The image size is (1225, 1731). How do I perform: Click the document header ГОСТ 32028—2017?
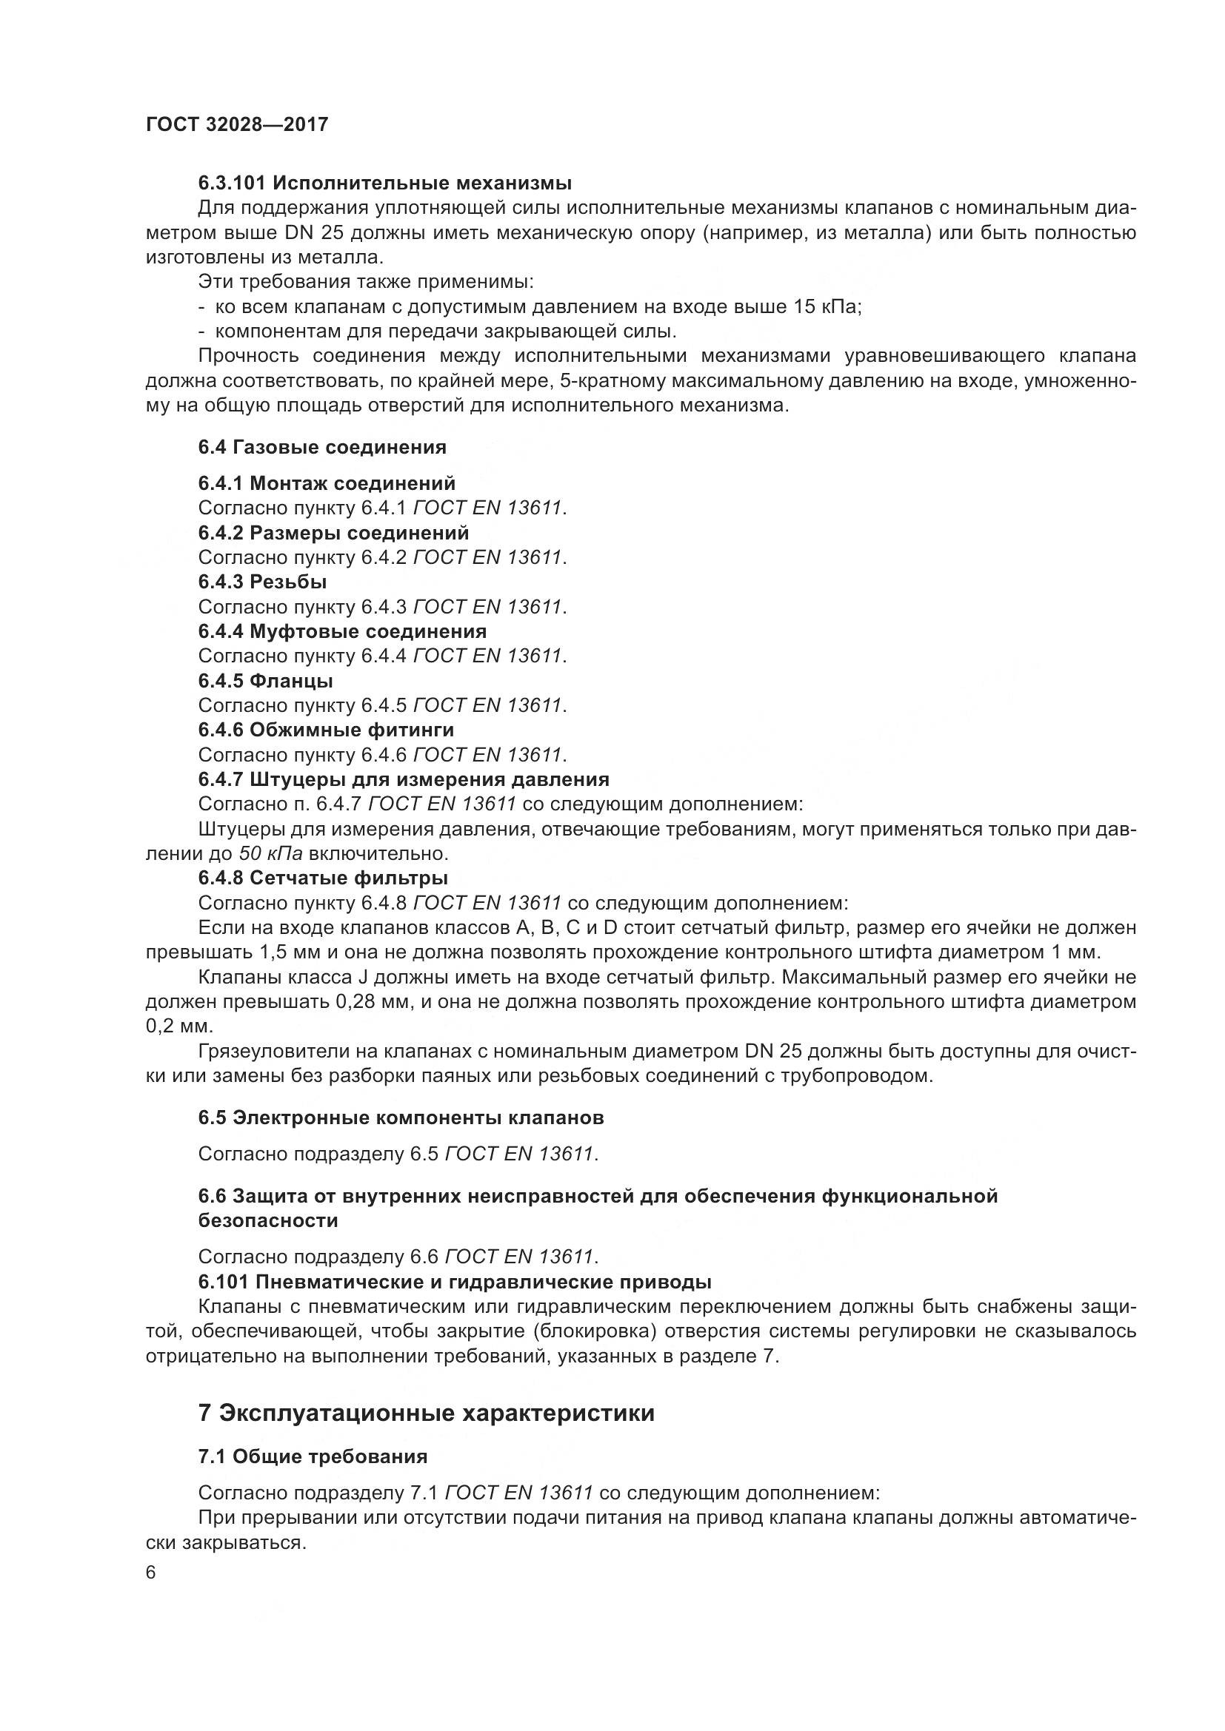(x=237, y=124)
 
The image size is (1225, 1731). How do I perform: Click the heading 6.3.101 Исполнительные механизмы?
(x=384, y=184)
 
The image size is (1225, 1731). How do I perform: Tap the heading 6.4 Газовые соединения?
(x=322, y=448)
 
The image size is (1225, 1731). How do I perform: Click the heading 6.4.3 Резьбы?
(x=262, y=582)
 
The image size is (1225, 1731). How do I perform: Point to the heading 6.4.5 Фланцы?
(x=266, y=681)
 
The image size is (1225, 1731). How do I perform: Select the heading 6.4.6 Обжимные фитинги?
(x=326, y=730)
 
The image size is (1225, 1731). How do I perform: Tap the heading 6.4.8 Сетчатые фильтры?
(x=323, y=878)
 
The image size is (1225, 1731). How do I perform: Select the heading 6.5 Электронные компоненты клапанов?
(x=401, y=1118)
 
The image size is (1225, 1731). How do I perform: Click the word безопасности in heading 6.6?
(x=268, y=1220)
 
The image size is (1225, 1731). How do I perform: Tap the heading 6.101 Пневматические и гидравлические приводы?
(x=455, y=1282)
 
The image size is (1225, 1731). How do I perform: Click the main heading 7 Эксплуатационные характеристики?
(x=426, y=1414)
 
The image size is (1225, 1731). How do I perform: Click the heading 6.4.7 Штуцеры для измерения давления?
(x=404, y=779)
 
